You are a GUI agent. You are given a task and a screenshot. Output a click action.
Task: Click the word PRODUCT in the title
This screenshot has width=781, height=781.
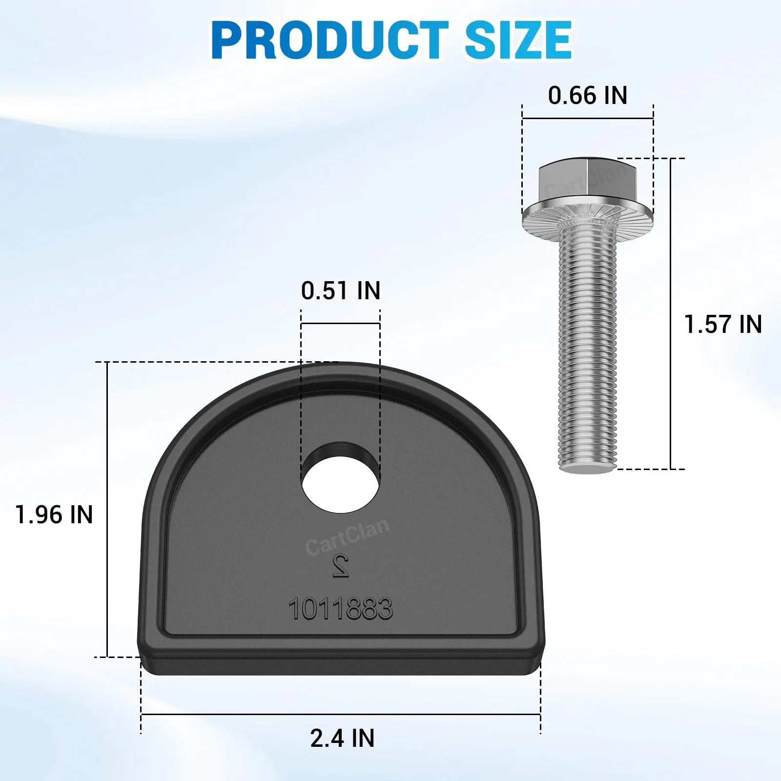pos(330,40)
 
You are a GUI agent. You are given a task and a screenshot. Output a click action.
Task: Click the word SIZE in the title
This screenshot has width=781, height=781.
pos(518,40)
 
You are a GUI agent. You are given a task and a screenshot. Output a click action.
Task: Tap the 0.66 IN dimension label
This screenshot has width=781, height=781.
pos(588,95)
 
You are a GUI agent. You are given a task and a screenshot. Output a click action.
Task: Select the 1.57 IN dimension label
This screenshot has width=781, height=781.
pos(723,324)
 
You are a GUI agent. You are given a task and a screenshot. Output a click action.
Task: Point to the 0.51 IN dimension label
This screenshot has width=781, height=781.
pos(341,290)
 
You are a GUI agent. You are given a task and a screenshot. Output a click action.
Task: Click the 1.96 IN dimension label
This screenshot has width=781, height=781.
pos(54,514)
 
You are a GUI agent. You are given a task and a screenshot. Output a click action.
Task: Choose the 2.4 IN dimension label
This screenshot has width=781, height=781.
pos(342,738)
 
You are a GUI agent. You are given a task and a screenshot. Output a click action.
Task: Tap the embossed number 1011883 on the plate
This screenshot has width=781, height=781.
pos(341,609)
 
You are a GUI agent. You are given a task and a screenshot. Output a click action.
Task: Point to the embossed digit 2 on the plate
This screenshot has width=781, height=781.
pos(341,566)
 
